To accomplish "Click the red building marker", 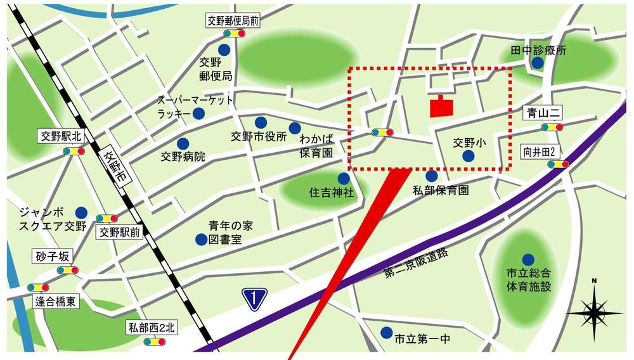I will [x=442, y=107].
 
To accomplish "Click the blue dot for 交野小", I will [x=468, y=156].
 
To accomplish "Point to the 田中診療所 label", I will [x=538, y=50].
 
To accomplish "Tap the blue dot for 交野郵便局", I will [x=224, y=49].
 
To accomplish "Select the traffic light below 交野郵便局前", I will [x=233, y=34].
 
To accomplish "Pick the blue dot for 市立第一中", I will [x=386, y=333].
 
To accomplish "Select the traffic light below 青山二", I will [x=552, y=127].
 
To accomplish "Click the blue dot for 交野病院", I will [x=183, y=144].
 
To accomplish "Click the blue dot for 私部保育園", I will [x=432, y=176].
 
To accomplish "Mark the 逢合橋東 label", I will [x=55, y=302].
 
